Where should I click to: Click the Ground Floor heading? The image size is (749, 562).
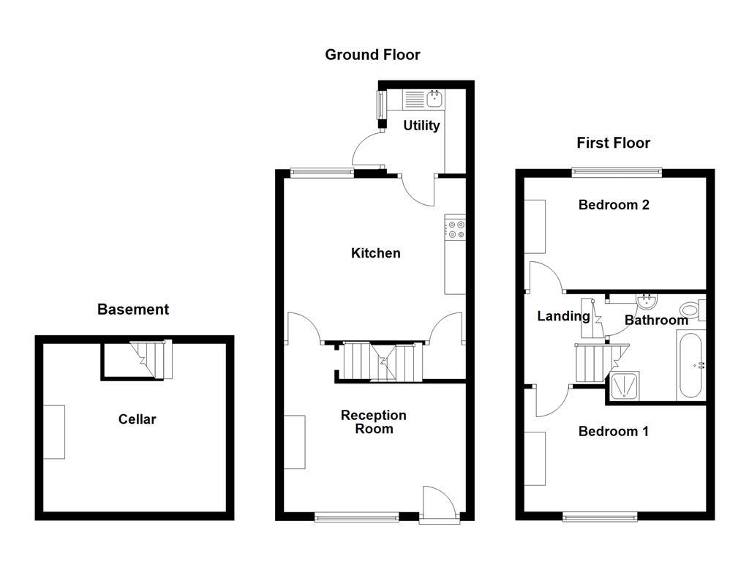point(372,55)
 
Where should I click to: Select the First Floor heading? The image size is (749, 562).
point(613,143)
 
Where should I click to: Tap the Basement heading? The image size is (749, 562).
point(133,310)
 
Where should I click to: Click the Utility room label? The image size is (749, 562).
point(421,126)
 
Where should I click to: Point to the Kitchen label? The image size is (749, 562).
point(376,253)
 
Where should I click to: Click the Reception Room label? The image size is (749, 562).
point(374,422)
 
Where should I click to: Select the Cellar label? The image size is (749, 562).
point(138,419)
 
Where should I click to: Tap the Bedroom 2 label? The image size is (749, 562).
point(614,205)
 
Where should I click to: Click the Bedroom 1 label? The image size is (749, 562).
point(613,432)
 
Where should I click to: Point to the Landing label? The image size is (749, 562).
point(563,316)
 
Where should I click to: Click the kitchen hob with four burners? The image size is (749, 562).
point(455,230)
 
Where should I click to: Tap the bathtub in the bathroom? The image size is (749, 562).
point(691,366)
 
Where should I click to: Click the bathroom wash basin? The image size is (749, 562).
point(645,302)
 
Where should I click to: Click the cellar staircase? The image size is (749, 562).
point(149,361)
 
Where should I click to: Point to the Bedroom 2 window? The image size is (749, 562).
point(617,173)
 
